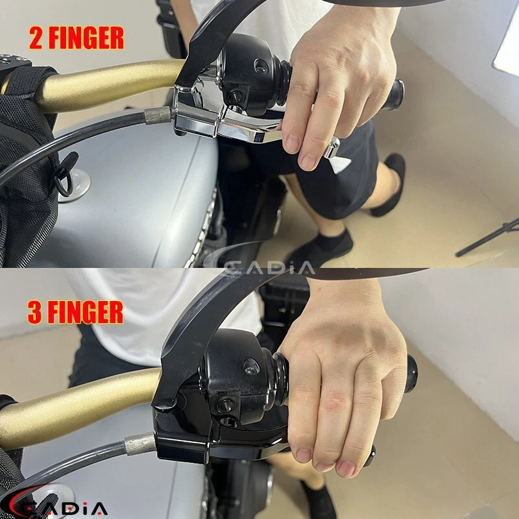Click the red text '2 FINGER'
tap(76, 39)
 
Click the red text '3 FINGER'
tap(75, 313)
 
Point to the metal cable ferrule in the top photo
tap(158, 116)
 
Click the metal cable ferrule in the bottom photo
tap(139, 444)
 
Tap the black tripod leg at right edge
tap(490, 237)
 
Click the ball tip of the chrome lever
tap(332, 148)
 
